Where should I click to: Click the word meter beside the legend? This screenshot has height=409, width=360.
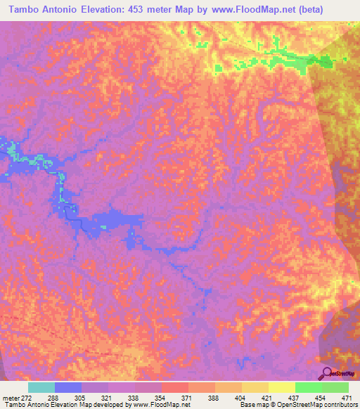[10, 397]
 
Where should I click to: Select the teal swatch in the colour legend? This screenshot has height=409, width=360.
[41, 387]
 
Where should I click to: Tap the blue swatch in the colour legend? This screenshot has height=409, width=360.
[68, 387]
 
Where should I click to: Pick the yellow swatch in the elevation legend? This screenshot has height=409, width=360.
[281, 387]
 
